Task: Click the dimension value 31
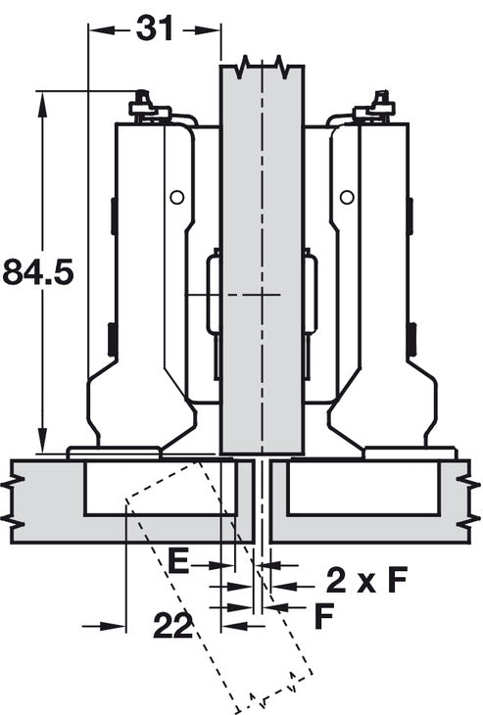point(155,28)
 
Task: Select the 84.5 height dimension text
point(38,271)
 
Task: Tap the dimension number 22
point(172,625)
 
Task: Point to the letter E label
point(178,561)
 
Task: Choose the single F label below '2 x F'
point(324,616)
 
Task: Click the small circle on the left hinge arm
point(177,198)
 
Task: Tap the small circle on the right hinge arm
point(347,198)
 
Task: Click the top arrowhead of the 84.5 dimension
point(42,104)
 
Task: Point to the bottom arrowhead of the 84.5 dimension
point(42,440)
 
